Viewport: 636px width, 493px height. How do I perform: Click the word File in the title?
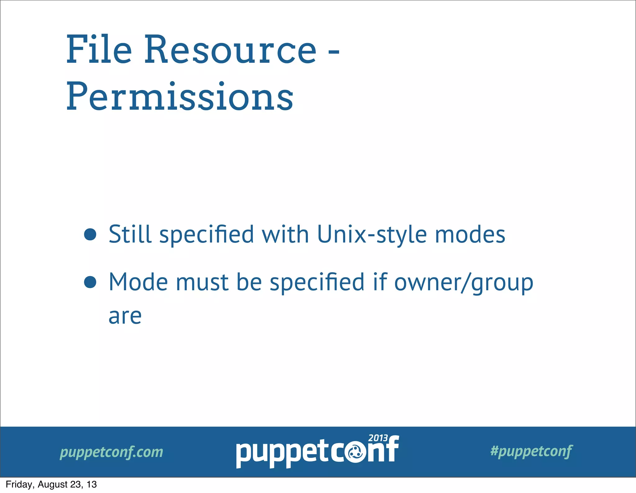coord(99,50)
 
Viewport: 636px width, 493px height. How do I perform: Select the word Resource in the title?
coord(230,50)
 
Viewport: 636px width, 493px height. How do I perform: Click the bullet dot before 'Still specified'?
coord(90,235)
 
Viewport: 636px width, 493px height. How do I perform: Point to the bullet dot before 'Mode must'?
coord(90,282)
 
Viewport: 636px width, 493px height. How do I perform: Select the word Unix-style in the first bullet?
coord(372,235)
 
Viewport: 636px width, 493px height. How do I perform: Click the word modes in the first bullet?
coord(470,235)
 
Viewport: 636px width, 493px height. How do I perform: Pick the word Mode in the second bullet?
coord(138,282)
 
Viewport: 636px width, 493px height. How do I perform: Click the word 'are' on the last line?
coord(125,316)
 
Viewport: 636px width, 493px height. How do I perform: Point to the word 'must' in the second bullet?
coord(202,282)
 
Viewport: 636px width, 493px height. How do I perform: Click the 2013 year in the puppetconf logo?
coord(378,438)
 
